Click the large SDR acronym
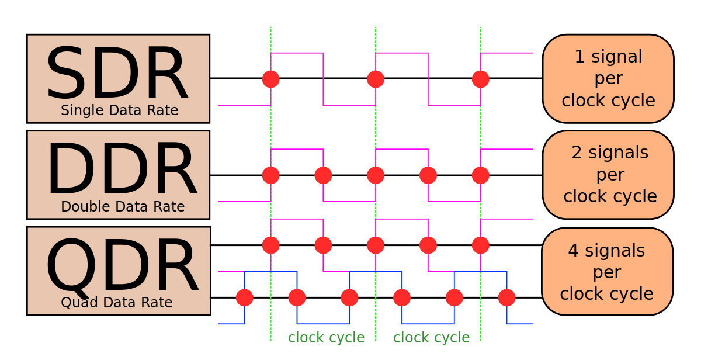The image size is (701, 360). pos(117,74)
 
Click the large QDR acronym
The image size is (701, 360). pos(122,266)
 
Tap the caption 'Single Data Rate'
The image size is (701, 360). pos(119,110)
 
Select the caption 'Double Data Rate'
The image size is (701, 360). pos(123,207)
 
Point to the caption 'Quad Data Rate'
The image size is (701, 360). pos(116,303)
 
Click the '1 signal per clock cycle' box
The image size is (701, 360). pos(608,79)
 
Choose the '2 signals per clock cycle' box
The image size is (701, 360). pos(608,175)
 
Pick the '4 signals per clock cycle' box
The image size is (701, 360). pos(607,271)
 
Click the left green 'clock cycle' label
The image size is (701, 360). pos(326,338)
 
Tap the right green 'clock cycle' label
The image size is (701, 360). pos(431,338)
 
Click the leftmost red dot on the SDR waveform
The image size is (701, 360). pos(270,79)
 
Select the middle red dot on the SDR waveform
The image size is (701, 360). pos(376,79)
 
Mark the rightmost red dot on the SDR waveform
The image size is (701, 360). pos(480,79)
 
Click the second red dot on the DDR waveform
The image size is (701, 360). pos(323,175)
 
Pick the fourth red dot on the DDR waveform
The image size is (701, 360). pos(428,175)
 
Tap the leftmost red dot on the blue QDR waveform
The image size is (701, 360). pos(245,297)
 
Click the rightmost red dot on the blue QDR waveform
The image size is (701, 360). pos(506,297)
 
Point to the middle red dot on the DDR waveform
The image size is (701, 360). pos(376,175)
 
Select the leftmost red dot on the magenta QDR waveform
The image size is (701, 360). pos(270,245)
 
